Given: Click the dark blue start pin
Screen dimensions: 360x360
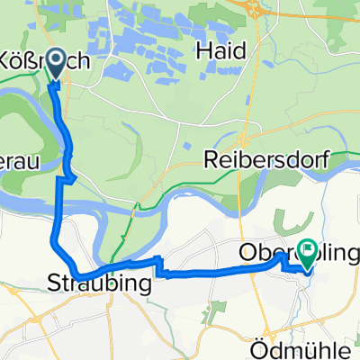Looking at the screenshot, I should coord(54,62).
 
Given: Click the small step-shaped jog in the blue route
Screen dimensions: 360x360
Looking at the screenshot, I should coord(159,264).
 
